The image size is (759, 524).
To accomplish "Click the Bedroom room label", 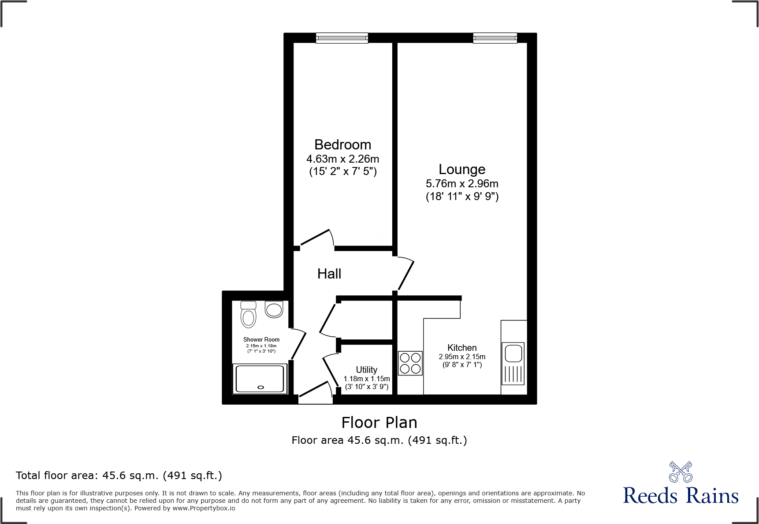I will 342,145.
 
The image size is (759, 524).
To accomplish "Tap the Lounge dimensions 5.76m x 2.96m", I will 462,184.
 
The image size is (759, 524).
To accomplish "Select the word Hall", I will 329,274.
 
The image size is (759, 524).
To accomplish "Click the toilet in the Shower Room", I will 249,314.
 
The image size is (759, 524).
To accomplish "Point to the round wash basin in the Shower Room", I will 274,309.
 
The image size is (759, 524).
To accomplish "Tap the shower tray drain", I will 260,387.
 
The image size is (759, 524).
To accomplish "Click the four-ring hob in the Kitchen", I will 410,363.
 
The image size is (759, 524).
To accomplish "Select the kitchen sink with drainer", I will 513,363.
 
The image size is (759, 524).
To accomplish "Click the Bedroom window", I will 342,38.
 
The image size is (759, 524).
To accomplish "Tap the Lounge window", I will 495,38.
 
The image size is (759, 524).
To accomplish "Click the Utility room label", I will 366,370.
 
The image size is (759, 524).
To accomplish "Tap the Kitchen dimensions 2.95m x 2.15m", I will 462,357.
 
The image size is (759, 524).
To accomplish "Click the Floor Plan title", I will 379,423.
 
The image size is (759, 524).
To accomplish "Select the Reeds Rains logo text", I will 681,496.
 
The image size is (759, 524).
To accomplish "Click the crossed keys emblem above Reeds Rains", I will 681,472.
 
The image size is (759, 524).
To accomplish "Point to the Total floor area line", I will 119,476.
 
